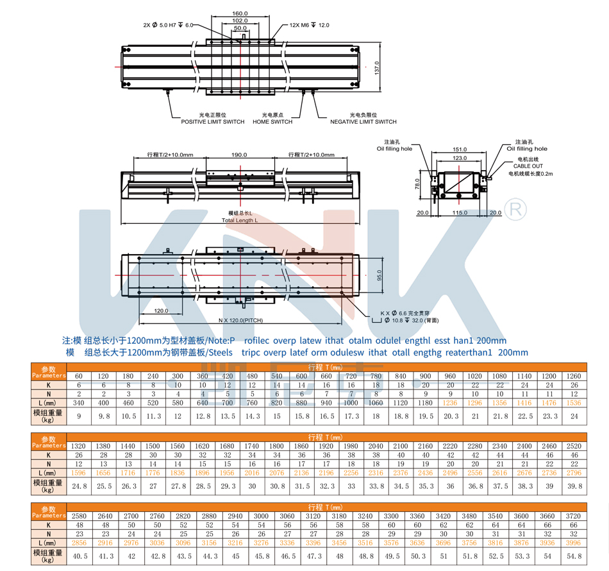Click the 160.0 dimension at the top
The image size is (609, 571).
[x=240, y=13]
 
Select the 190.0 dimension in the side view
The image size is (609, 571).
[x=238, y=155]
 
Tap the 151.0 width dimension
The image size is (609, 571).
[x=460, y=149]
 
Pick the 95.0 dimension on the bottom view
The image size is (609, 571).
[x=380, y=275]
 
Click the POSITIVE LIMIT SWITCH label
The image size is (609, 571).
[x=212, y=122]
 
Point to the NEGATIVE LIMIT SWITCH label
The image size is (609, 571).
[x=363, y=122]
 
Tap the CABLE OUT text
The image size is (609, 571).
[x=528, y=166]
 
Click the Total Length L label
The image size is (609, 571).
[x=240, y=219]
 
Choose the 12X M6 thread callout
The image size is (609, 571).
[x=309, y=25]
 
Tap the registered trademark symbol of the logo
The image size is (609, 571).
[x=516, y=209]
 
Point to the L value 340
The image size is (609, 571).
[x=79, y=403]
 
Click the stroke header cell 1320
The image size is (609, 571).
[x=79, y=445]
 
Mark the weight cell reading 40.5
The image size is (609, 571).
[x=79, y=556]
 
